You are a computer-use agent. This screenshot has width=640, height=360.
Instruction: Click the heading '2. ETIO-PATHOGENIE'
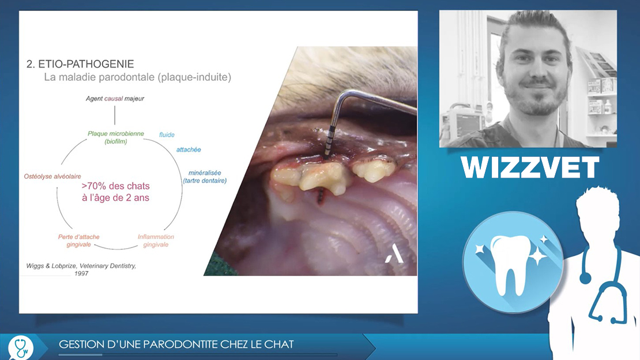[80, 63]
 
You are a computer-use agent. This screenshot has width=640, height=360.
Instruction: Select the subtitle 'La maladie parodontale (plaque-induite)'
[138, 77]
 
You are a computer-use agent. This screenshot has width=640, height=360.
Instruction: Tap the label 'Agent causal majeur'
[115, 99]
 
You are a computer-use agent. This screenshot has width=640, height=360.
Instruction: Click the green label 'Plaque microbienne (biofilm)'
[116, 137]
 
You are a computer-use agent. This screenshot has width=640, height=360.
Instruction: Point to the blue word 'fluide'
[167, 135]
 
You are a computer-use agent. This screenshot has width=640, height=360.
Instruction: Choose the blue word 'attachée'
[189, 149]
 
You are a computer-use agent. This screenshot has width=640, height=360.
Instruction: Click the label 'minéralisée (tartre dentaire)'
[205, 177]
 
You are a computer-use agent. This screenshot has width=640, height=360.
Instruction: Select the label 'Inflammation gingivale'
[156, 241]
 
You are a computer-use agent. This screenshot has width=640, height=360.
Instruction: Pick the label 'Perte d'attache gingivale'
[79, 241]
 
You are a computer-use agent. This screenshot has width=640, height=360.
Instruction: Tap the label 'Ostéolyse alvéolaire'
[52, 177]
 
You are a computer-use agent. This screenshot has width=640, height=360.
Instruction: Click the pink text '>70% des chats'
[115, 186]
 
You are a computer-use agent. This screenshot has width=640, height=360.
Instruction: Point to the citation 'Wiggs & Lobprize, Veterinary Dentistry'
[81, 265]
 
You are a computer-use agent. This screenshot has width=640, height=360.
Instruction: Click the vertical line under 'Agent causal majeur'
[115, 115]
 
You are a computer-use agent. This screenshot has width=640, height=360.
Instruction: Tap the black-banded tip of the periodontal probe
[328, 142]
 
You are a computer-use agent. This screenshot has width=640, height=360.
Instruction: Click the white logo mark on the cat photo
[394, 254]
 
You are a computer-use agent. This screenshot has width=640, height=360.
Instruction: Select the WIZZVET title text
[530, 167]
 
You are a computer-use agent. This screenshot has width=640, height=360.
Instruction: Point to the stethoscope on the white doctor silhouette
[601, 282]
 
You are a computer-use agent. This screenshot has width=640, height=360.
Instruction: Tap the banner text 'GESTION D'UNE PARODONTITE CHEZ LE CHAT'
[176, 344]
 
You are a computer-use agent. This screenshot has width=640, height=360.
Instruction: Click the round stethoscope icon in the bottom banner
[21, 347]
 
